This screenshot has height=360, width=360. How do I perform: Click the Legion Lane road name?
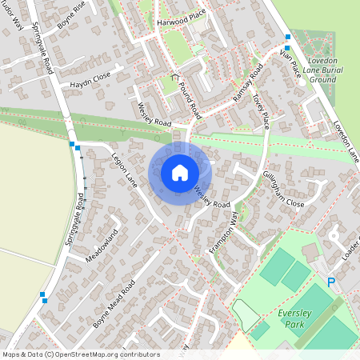tap(126, 167)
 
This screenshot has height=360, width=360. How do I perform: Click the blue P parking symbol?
tap(331, 282)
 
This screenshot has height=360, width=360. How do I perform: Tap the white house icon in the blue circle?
tap(180, 172)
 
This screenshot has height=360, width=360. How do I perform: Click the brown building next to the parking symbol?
tap(310, 253)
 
